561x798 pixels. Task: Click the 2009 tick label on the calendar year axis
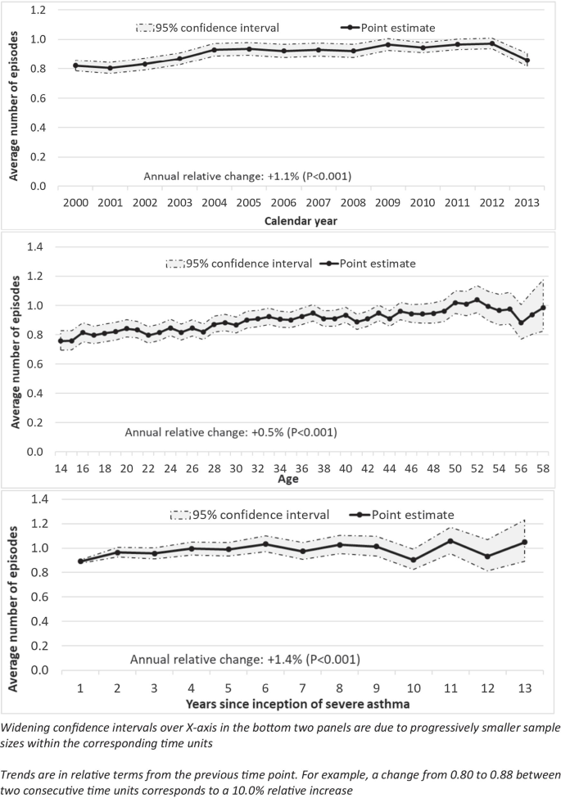click(389, 202)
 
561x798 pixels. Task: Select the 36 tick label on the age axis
click(301, 467)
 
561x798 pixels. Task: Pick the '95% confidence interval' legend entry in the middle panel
click(238, 264)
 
